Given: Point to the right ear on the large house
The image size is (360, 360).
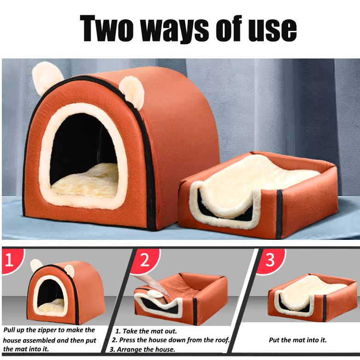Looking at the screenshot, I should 132,91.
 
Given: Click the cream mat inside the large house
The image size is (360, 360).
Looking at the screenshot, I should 86,180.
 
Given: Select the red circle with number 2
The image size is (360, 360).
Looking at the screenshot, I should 145,261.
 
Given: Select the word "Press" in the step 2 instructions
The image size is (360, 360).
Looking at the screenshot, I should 130,340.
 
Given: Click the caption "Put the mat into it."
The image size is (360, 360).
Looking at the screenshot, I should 298,340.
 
